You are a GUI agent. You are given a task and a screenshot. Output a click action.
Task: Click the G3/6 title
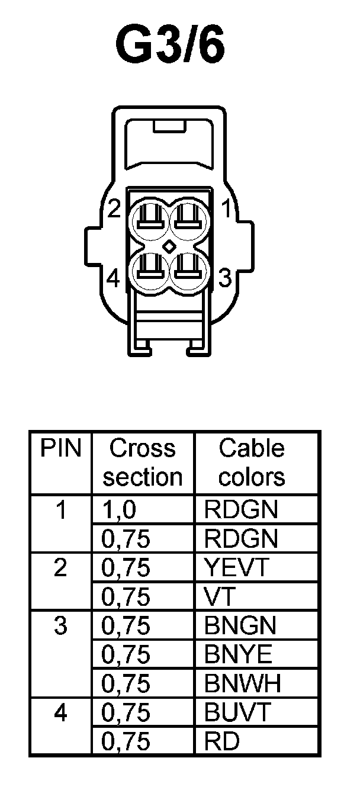[x=170, y=46]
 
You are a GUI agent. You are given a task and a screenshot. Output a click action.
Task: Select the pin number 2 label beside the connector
[x=114, y=208]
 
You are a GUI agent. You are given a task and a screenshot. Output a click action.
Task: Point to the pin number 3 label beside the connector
[x=224, y=277]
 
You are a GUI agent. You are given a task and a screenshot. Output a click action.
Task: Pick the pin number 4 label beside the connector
[x=114, y=278]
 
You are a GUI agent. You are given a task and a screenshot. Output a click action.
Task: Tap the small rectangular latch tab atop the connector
[x=169, y=126]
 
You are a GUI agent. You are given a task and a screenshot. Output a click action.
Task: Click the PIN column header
[x=60, y=448]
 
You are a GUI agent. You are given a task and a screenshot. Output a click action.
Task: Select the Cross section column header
[x=143, y=463]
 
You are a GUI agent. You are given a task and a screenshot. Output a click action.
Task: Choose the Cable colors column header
[x=252, y=463]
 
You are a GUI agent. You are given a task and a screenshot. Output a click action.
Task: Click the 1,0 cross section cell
[x=117, y=510]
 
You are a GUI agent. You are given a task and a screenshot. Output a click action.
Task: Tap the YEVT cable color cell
[x=237, y=568]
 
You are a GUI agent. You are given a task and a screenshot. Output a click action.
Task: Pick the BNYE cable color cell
[x=238, y=655]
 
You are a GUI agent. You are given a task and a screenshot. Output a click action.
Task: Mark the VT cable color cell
[x=218, y=597]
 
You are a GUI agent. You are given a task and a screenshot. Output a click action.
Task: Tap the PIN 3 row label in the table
[x=60, y=626]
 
